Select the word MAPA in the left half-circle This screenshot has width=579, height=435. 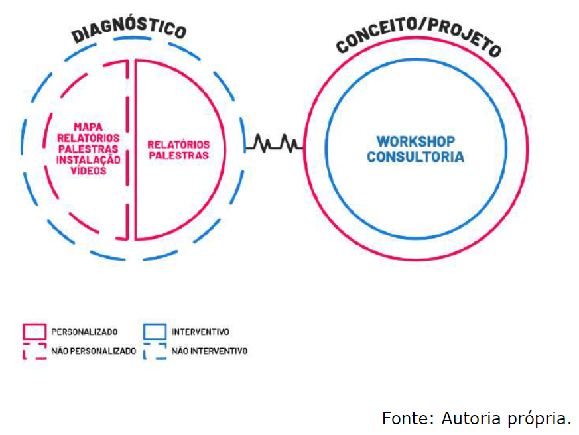click(88, 126)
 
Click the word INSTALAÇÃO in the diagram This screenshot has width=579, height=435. click(88, 159)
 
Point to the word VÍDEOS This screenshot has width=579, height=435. click(88, 170)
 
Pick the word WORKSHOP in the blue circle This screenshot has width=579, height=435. click(416, 141)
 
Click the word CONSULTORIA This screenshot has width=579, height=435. click(416, 157)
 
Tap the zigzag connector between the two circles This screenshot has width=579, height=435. click(275, 142)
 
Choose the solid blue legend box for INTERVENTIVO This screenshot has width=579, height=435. click(155, 331)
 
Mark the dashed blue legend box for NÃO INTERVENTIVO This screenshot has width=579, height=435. click(155, 351)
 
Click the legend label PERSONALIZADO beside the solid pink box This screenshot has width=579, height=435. click(84, 331)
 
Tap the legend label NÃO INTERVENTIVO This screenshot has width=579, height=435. click(210, 351)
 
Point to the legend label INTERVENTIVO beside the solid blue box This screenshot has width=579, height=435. click(200, 331)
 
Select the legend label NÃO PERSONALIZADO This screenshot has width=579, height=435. click(94, 351)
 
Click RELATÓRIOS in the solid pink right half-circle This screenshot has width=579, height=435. click(178, 144)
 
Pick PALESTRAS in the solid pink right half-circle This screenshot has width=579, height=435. click(178, 155)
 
